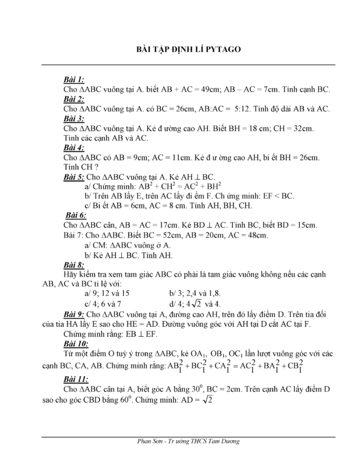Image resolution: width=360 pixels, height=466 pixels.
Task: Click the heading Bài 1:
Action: click(73, 79)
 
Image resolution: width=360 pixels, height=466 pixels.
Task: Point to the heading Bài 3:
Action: click(73, 118)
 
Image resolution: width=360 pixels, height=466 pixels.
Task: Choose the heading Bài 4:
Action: click(73, 148)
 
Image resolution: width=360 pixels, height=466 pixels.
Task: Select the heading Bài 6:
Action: click(76, 215)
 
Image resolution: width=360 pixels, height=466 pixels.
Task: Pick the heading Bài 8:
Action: click(73, 264)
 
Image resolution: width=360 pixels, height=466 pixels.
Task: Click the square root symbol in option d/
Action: click(199, 303)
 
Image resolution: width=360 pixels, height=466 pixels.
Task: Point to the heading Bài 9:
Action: click(76, 315)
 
